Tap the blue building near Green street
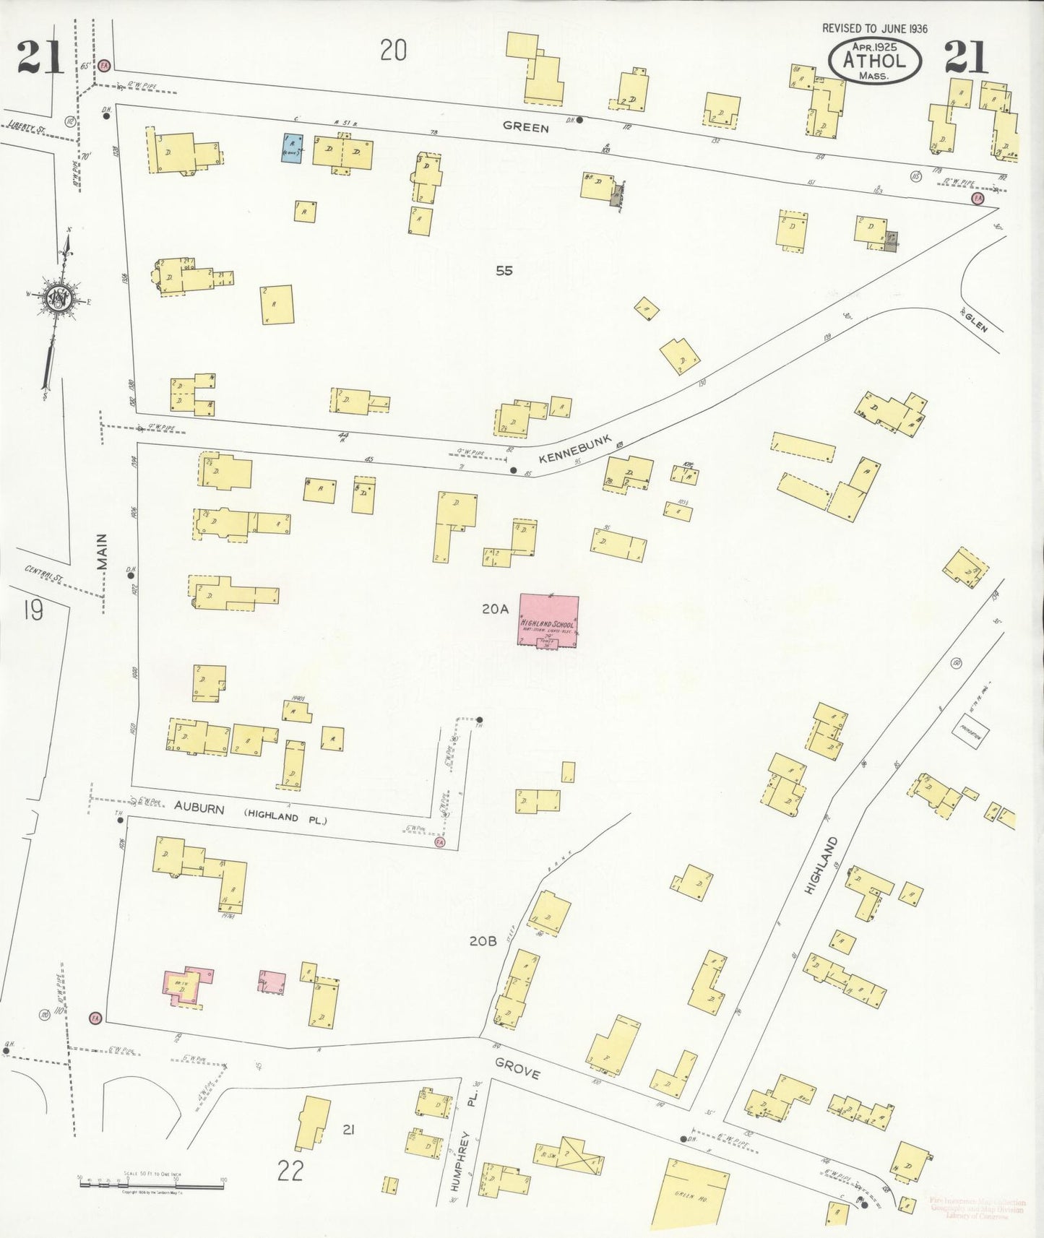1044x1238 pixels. (292, 147)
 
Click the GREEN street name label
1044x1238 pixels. (525, 127)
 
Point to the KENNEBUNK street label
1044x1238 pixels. (574, 449)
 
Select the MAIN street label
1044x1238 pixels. (102, 552)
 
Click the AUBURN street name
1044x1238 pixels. (199, 808)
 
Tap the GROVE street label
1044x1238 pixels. (517, 1068)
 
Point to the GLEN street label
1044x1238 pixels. (975, 320)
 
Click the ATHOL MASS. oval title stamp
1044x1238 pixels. (874, 61)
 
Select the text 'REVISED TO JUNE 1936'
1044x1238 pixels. (874, 29)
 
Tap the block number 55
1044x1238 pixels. (504, 271)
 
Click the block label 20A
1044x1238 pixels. (495, 610)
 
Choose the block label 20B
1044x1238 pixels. (483, 941)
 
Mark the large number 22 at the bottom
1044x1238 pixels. (290, 1170)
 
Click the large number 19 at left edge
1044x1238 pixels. (33, 611)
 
